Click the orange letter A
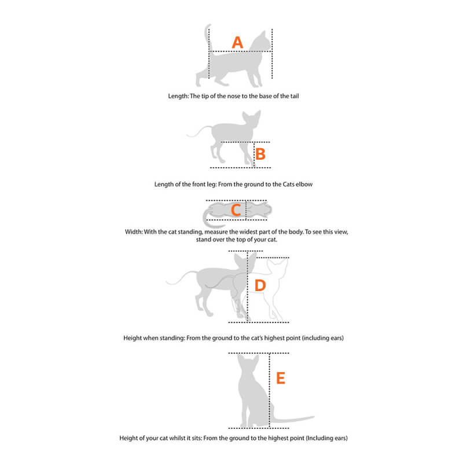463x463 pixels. (237, 42)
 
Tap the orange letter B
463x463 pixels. (260, 154)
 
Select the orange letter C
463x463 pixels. (236, 210)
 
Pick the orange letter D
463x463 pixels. (260, 285)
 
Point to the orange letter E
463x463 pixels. (280, 379)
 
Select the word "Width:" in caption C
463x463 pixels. (135, 231)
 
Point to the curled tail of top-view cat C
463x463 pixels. (206, 219)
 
